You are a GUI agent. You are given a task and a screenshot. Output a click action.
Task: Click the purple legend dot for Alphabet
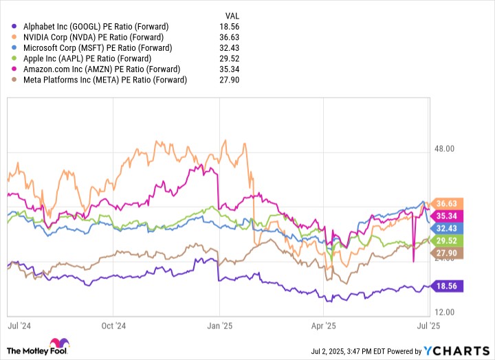click(14, 27)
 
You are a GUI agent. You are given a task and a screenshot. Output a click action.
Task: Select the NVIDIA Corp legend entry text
click(93, 37)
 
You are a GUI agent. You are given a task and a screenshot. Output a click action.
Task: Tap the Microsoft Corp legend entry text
click(98, 48)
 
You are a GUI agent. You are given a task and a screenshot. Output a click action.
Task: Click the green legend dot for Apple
click(14, 58)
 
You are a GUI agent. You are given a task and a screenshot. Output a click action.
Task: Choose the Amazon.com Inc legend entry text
click(102, 69)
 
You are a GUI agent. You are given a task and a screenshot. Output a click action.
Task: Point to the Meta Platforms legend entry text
click(105, 80)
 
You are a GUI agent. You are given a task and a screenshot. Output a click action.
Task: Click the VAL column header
click(232, 16)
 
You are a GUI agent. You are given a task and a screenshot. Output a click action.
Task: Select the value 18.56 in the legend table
click(230, 27)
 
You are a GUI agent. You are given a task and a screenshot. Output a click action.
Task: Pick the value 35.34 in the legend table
click(230, 69)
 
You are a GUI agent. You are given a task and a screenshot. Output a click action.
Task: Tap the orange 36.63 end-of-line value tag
click(446, 203)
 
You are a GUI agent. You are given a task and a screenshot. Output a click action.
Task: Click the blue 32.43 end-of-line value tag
click(446, 228)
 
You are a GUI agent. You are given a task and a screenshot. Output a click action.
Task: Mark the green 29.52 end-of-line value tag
click(446, 240)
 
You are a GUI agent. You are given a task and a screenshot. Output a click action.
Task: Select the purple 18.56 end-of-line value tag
click(446, 286)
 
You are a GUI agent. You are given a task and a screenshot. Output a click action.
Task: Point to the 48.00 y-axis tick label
click(444, 148)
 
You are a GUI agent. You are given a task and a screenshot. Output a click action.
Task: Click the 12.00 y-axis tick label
click(444, 312)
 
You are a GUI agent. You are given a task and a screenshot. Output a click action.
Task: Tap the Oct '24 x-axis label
click(113, 326)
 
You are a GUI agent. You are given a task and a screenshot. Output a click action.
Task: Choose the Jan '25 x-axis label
click(220, 326)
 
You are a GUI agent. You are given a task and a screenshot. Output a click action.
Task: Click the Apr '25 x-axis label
click(324, 326)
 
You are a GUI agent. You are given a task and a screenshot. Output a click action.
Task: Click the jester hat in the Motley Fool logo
click(59, 344)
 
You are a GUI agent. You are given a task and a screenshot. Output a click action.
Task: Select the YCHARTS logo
click(456, 351)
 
